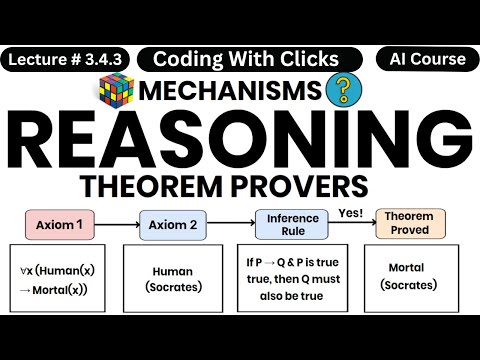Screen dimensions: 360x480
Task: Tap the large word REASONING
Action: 240,143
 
